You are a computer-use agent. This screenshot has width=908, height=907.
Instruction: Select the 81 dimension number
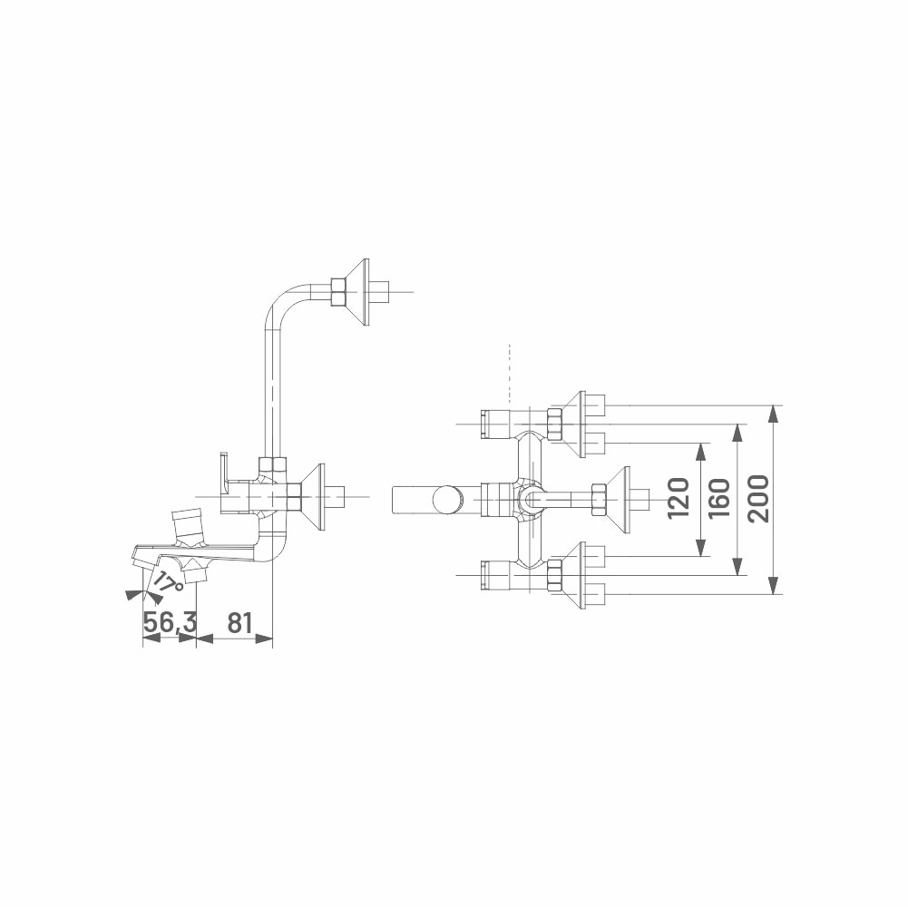point(239,622)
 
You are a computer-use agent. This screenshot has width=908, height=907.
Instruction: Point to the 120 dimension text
point(679,498)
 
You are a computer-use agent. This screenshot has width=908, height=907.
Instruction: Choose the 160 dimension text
point(718,498)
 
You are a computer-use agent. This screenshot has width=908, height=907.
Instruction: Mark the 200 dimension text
point(758,498)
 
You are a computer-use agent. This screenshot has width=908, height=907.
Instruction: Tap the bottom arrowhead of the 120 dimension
point(701,548)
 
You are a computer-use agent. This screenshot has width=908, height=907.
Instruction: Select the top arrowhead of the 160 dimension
point(737,434)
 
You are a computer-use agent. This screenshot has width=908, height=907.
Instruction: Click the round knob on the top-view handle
point(447,499)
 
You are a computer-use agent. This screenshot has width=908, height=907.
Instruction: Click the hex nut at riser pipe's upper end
point(337,291)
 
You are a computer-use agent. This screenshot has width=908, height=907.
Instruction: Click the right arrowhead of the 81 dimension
point(263,639)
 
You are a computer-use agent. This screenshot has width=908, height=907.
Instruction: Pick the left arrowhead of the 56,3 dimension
point(151,639)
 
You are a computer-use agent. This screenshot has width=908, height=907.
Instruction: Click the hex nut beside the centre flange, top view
point(598,498)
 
